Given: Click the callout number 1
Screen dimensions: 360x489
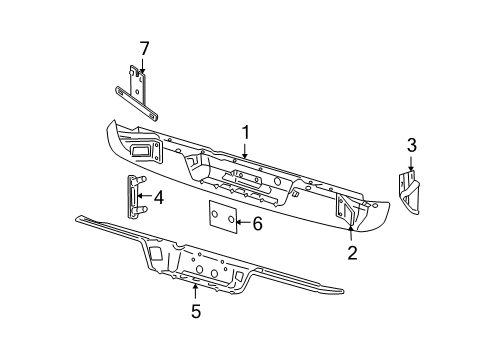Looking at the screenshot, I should click(x=243, y=132).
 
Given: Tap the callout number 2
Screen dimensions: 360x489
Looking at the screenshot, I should click(x=351, y=254).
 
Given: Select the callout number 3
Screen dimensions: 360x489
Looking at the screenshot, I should click(x=410, y=146).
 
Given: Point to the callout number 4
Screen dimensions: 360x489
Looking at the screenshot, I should click(x=157, y=197).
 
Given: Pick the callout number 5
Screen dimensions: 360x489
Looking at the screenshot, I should click(x=195, y=312).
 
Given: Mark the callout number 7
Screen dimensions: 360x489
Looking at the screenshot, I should click(x=143, y=47).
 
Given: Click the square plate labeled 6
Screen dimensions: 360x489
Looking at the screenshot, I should click(x=222, y=217).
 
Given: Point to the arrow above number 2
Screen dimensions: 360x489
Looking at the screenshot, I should click(x=351, y=235).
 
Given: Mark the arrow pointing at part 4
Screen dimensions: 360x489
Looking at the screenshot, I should click(x=143, y=197).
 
